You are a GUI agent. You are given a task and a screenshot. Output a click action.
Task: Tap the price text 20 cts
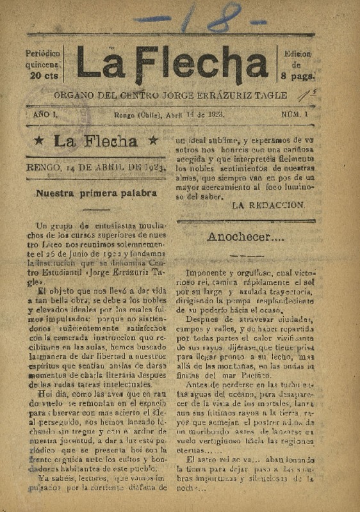[x=43, y=76]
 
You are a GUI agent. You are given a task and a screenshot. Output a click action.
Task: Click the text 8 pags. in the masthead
[x=297, y=76]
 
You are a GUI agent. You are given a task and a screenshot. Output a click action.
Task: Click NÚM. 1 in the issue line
[x=295, y=114]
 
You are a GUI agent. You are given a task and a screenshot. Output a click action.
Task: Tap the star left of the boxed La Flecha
[x=40, y=141]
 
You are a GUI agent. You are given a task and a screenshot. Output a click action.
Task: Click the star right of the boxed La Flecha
[x=152, y=140]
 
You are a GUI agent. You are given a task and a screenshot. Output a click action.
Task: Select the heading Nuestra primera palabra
[x=97, y=192]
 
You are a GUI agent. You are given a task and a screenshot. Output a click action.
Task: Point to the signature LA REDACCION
[x=268, y=205]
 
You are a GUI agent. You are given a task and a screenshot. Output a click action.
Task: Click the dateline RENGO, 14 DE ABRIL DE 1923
[x=96, y=168]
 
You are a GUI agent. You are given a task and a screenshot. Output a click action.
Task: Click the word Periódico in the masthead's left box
[x=43, y=53]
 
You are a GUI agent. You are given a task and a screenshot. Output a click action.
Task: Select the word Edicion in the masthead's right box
[x=297, y=54]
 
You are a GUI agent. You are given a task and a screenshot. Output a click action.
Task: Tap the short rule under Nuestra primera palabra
[x=96, y=209]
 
